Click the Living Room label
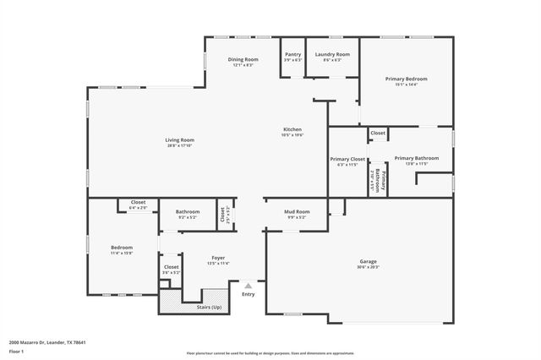tap(179, 140)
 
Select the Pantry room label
tap(292, 55)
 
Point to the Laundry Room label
tap(332, 55)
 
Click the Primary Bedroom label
tap(406, 79)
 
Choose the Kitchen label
tap(292, 130)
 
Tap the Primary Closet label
tap(347, 159)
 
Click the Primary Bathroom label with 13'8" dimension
tap(416, 158)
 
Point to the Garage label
tap(368, 262)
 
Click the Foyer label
tap(218, 259)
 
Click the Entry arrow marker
tap(248, 286)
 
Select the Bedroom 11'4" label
tap(122, 248)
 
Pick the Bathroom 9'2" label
tap(188, 212)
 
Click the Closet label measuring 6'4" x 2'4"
tap(137, 203)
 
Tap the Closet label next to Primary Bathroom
tap(378, 133)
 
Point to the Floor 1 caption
tap(17, 351)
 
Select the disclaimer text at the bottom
tap(270, 352)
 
